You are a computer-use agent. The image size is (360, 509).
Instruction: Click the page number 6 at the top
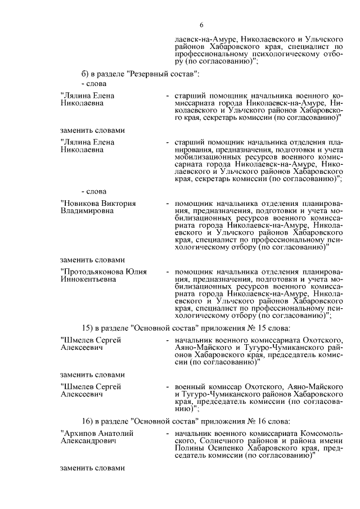201,24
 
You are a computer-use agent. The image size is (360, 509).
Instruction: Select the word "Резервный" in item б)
148,74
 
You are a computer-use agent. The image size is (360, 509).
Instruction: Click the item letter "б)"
85,74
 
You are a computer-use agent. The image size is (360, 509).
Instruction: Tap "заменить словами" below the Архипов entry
92,469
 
